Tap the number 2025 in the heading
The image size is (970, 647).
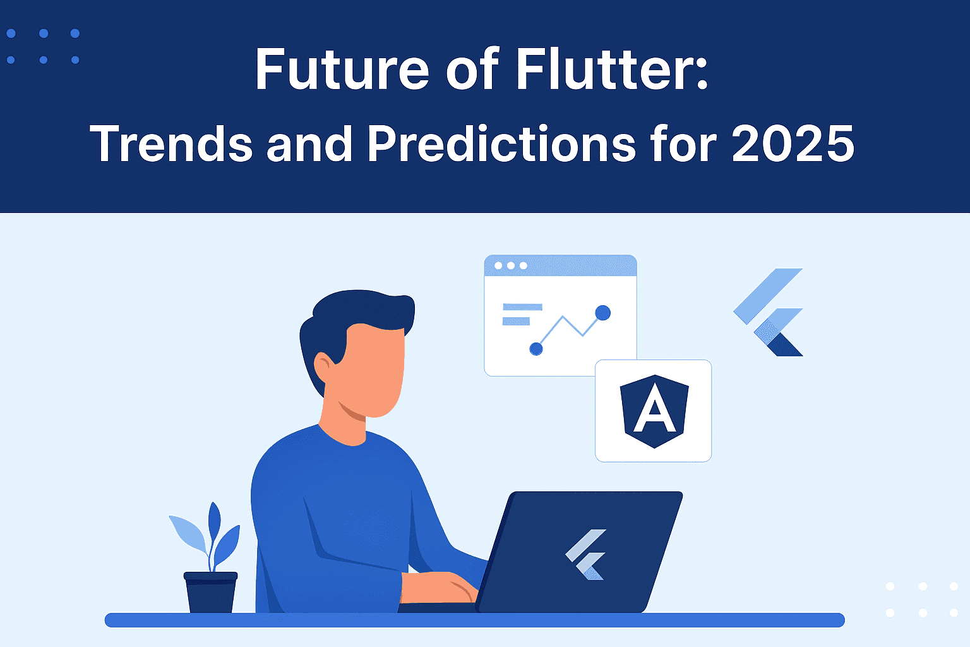coord(793,143)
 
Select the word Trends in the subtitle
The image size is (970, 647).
coord(171,143)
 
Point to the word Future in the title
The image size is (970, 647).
coord(342,68)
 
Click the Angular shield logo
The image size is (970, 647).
coord(654,411)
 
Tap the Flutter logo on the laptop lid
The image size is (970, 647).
coord(586,554)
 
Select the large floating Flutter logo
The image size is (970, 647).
coord(768,312)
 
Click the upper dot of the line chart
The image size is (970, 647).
coord(603,313)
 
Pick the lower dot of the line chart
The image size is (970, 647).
coord(536,349)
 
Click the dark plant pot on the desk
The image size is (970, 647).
coord(210,592)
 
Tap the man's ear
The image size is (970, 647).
coord(323,366)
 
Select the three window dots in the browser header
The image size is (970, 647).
coord(511,265)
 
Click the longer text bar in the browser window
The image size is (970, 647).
coord(522,307)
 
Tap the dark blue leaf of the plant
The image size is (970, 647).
coord(214,522)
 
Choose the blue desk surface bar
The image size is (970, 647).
coord(475,620)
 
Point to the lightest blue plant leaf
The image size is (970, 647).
coord(188,534)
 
